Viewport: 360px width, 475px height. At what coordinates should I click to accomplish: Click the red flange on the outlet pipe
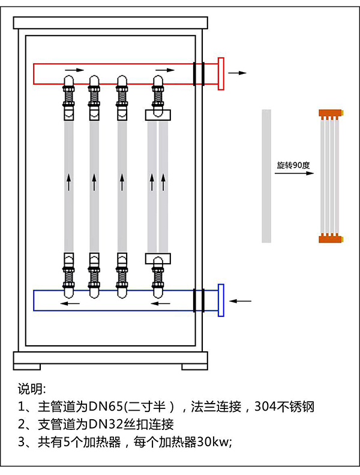tap(221, 73)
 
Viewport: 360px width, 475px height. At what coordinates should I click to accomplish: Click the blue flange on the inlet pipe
tap(221, 300)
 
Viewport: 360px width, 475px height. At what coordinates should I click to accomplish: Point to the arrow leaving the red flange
tap(238, 73)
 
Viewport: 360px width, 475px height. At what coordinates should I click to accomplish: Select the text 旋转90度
tap(291, 165)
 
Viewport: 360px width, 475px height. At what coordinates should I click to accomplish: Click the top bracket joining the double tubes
tap(158, 115)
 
